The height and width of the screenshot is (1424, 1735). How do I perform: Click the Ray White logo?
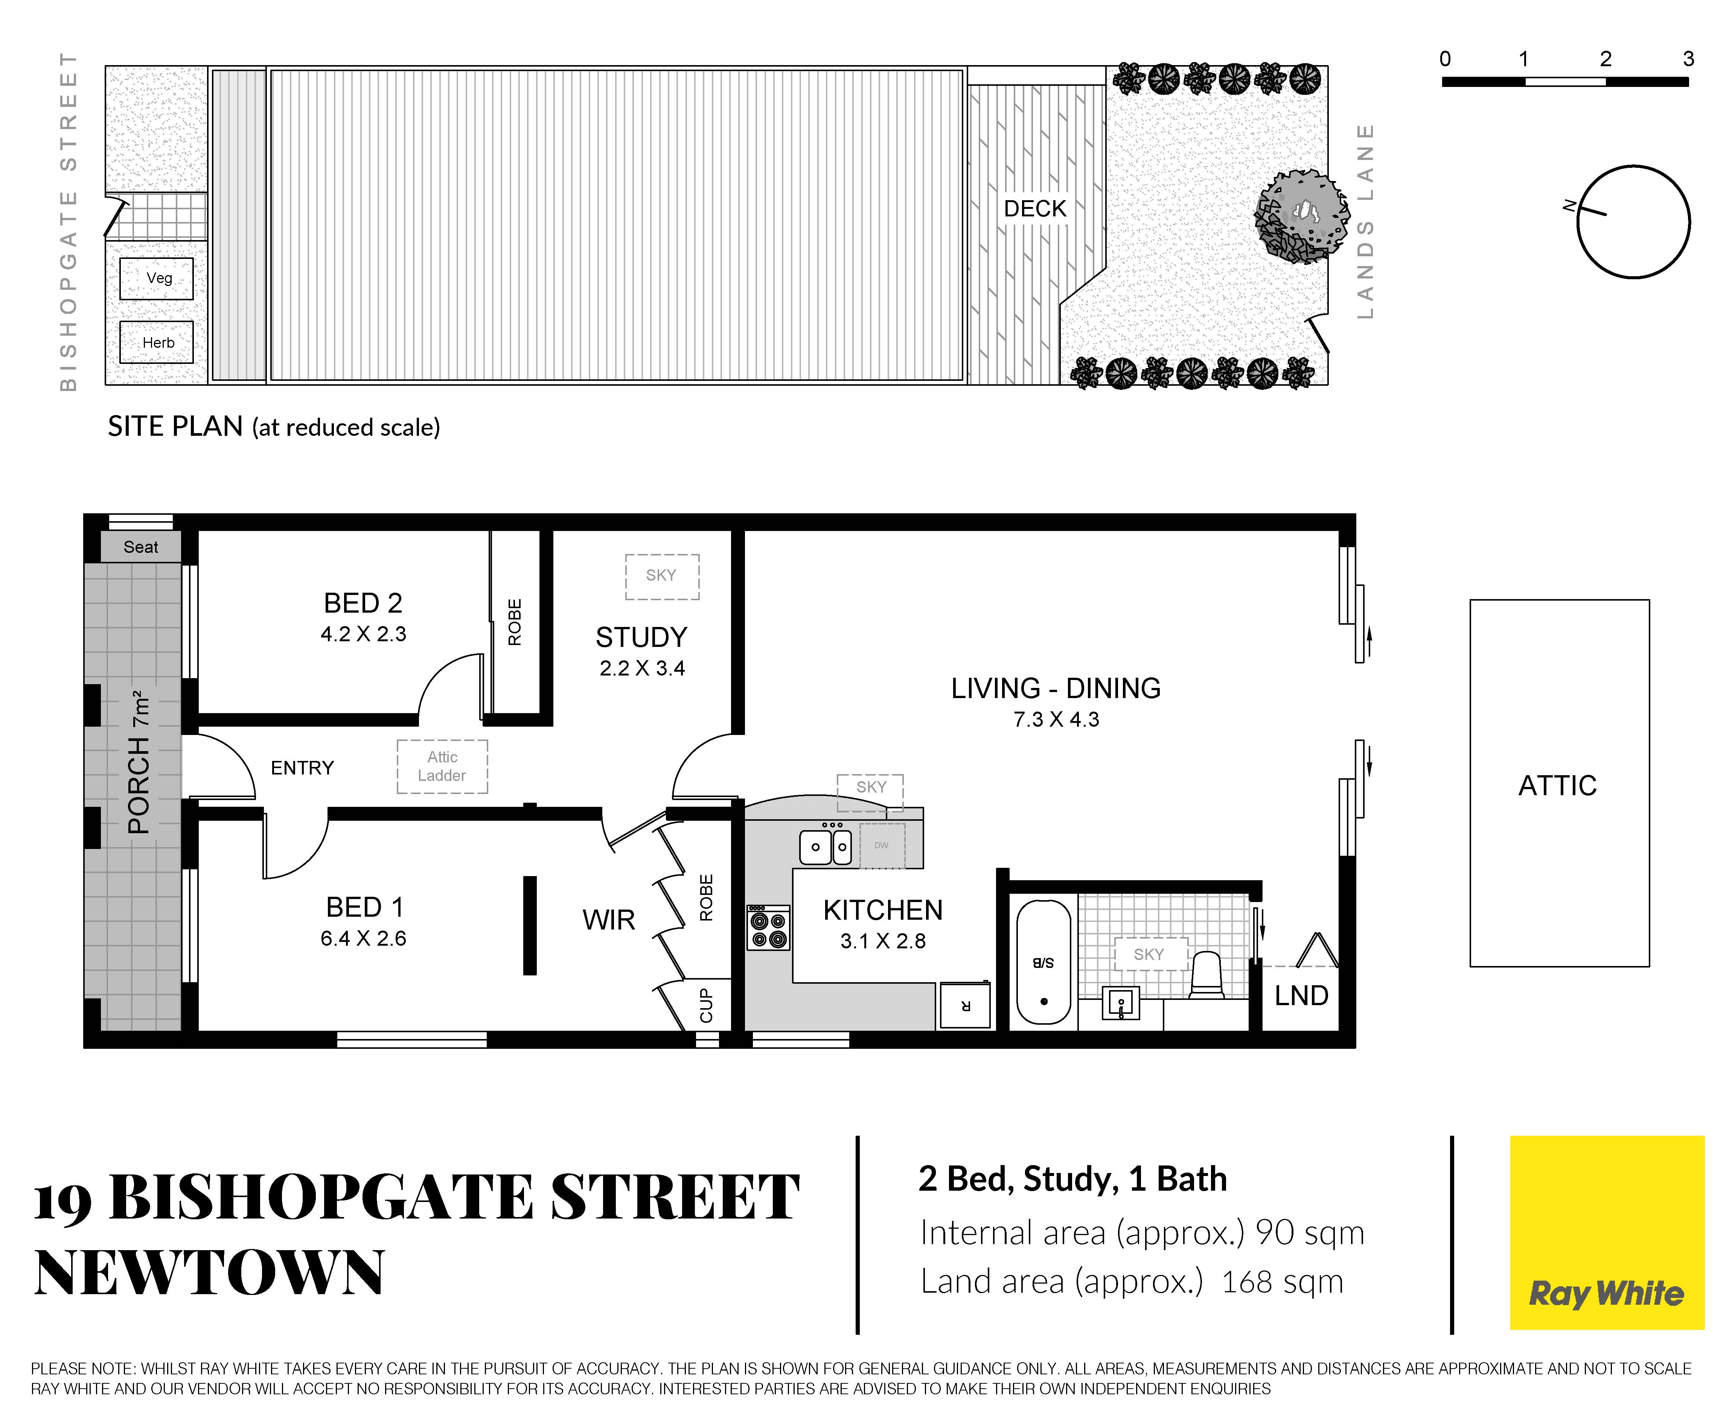click(1606, 1232)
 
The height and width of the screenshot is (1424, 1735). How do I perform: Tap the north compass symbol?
click(1633, 222)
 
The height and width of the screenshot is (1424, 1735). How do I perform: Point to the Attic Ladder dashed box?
click(442, 766)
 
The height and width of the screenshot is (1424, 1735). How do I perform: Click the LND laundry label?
click(1301, 996)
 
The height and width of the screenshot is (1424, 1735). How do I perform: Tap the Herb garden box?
click(157, 342)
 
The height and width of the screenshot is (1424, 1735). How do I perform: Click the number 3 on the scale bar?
click(1688, 59)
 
